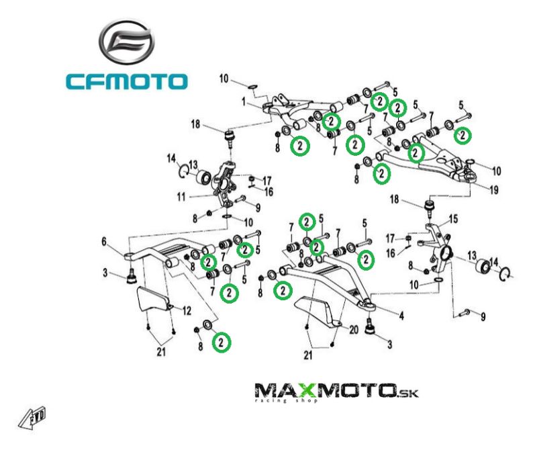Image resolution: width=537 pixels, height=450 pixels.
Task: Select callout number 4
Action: (401, 316)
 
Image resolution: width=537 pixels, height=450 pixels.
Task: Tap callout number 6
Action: (104, 240)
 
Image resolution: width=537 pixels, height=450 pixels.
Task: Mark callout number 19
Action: (494, 190)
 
